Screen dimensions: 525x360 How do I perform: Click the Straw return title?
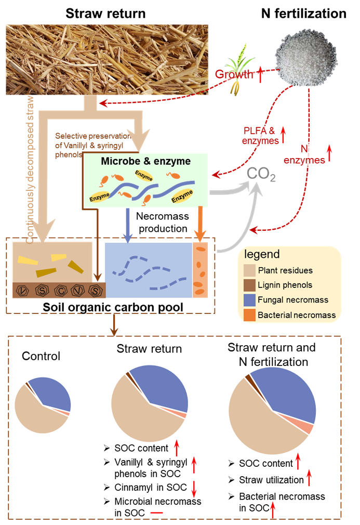coord(106,14)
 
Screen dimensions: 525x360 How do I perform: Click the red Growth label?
coord(234,74)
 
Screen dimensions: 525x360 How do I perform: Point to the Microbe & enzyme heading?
coord(146,162)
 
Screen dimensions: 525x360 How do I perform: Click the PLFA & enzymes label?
coord(257,135)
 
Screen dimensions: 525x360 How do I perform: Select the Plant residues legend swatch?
coord(249,270)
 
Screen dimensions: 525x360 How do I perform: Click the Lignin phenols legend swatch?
coord(249,285)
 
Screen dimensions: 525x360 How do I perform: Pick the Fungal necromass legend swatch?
coord(249,300)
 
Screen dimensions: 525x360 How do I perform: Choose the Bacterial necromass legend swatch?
coord(249,315)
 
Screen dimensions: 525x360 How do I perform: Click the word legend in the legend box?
coord(262,255)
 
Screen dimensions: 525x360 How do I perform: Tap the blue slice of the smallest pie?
coord(52,392)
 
